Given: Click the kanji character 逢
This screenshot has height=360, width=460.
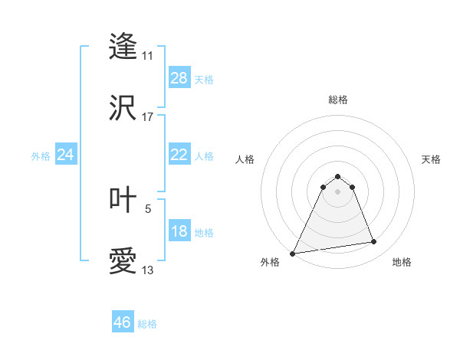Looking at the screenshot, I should [x=123, y=46].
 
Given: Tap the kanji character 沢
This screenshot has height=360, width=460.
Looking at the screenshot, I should [x=123, y=108].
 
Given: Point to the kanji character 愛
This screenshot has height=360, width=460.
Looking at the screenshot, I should [x=123, y=261].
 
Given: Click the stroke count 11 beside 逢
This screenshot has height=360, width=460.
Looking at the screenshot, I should [x=147, y=56].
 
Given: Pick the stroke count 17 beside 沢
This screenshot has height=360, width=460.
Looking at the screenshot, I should [x=147, y=117].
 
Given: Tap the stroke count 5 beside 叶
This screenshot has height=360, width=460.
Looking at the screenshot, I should [x=148, y=208].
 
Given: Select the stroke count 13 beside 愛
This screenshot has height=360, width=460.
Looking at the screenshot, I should [x=147, y=270].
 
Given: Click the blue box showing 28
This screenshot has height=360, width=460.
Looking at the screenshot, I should [x=179, y=78].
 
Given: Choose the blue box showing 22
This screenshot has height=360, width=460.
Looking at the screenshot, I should [x=179, y=155].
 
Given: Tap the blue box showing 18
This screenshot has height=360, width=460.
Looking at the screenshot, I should [x=179, y=231].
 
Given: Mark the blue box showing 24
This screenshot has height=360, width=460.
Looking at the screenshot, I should [x=66, y=155].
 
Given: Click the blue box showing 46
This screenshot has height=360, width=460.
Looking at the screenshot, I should [x=123, y=322].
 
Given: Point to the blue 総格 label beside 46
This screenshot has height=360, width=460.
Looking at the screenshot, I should [x=147, y=324].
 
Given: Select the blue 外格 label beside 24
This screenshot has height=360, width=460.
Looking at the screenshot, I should [x=41, y=156].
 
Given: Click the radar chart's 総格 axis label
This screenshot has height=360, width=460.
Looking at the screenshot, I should [x=337, y=100].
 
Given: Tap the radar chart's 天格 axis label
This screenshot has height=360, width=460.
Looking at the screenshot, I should [x=432, y=159].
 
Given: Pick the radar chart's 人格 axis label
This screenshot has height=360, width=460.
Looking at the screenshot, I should [x=245, y=159].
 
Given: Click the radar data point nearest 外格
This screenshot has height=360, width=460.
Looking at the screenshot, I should [x=293, y=253].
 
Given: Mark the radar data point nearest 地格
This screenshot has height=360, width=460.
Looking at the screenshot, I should [x=374, y=242].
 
